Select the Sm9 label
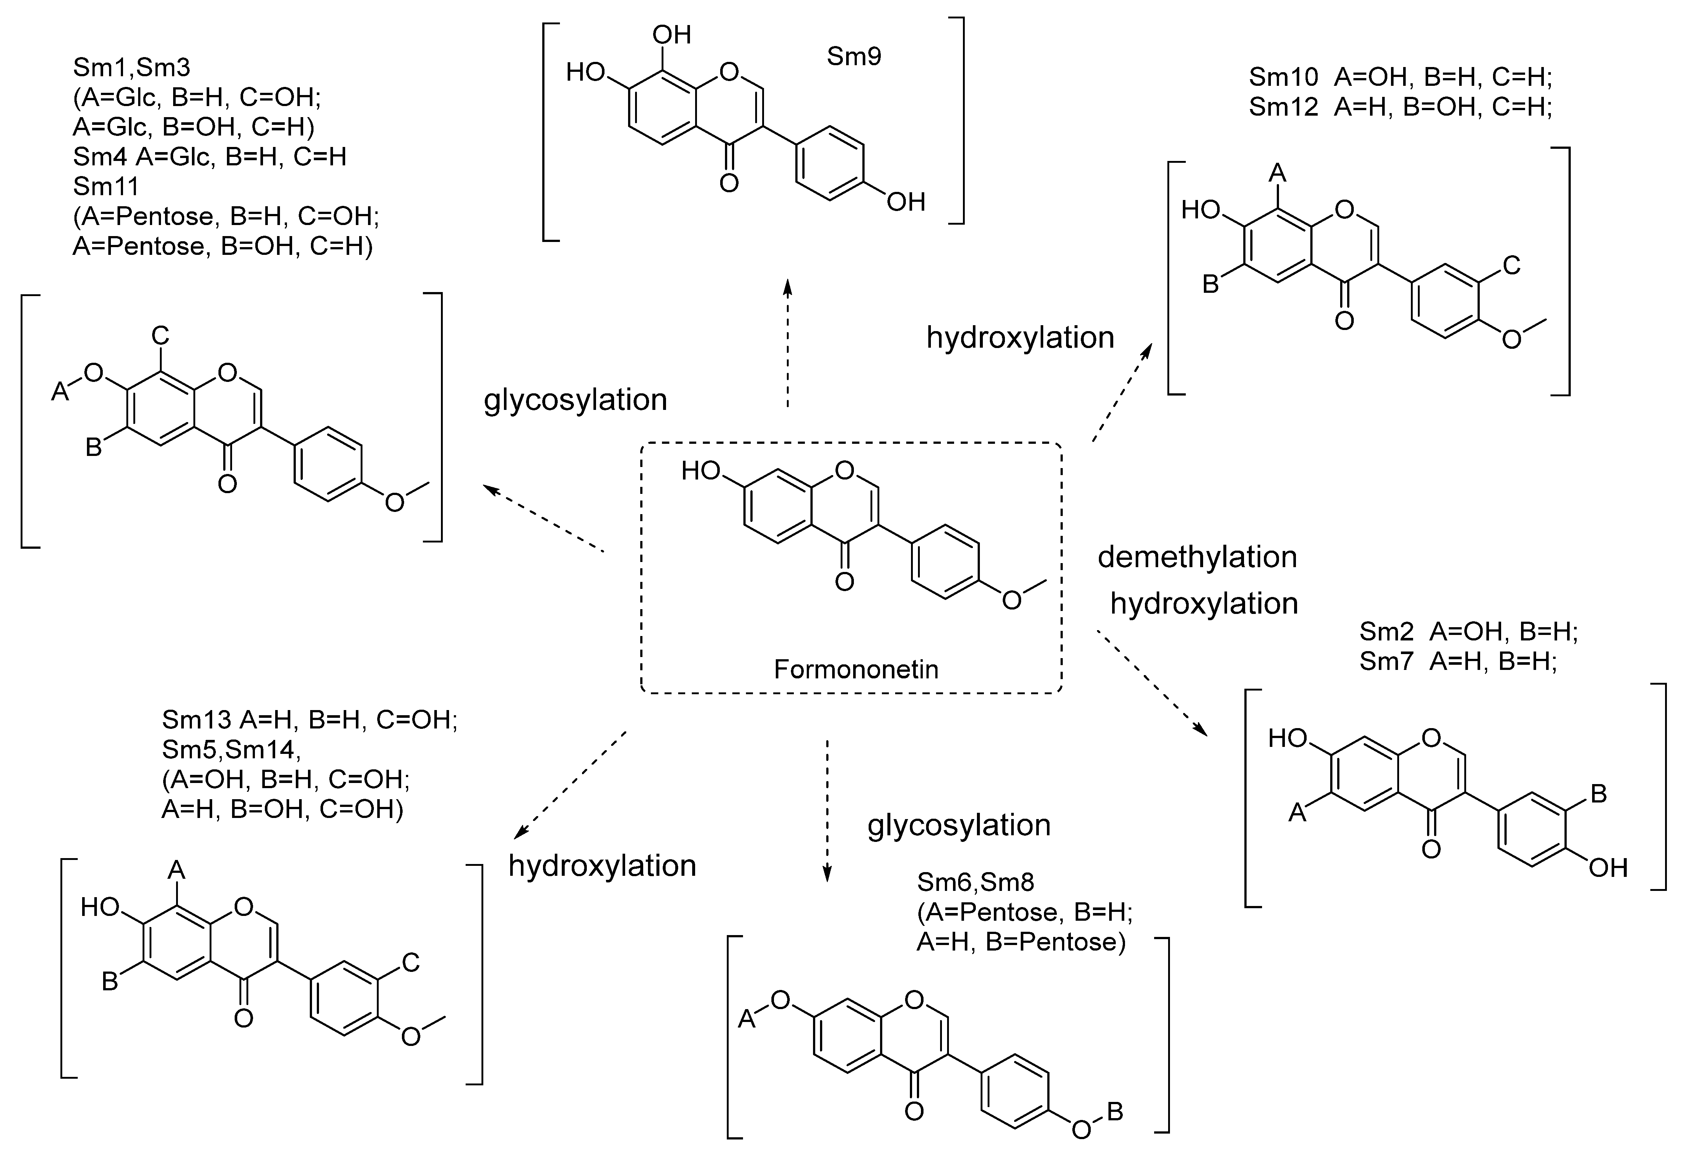tap(854, 56)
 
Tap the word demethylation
tap(1197, 557)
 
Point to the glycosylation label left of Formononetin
tap(575, 400)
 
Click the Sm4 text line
tap(210, 156)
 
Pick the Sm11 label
tap(106, 187)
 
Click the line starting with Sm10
tap(1401, 77)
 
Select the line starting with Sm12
tap(1401, 107)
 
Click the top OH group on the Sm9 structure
tap(672, 35)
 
